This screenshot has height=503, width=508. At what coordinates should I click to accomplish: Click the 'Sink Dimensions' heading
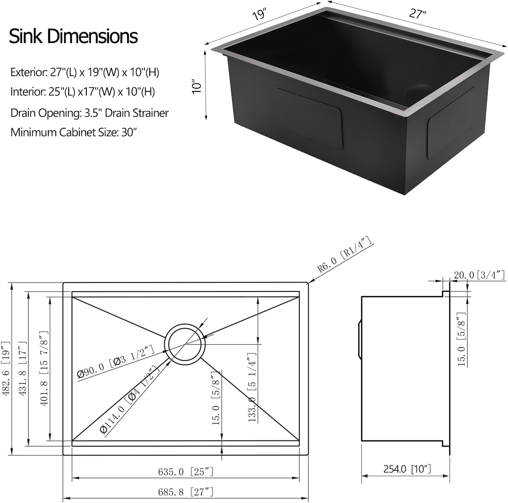pyautogui.click(x=74, y=36)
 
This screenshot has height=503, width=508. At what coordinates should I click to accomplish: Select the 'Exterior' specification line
pyautogui.click(x=85, y=72)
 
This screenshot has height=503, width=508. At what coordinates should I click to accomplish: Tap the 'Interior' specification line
pyautogui.click(x=83, y=92)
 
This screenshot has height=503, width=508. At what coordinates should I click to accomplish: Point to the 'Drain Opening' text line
pyautogui.click(x=89, y=113)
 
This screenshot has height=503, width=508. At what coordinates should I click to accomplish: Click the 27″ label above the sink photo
pyautogui.click(x=418, y=14)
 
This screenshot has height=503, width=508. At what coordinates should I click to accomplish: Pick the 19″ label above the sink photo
pyautogui.click(x=259, y=15)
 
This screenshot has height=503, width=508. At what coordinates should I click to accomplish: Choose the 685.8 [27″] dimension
pyautogui.click(x=186, y=491)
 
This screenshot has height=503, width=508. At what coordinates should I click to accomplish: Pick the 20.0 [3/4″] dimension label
pyautogui.click(x=479, y=275)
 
